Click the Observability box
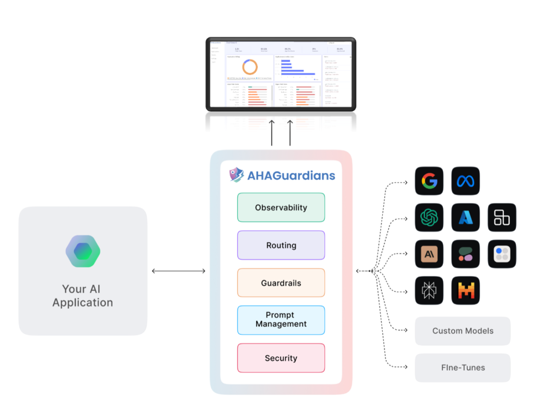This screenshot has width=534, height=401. pos(281,207)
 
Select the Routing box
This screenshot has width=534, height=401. pos(281,245)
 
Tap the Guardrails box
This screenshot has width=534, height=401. pos(281,283)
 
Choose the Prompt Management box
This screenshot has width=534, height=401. pos(281,320)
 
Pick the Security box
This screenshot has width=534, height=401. pos(281,358)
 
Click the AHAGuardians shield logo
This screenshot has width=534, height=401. pos(237,174)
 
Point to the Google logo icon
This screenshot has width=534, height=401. pos(429,181)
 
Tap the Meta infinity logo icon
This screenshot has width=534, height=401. pos(466,181)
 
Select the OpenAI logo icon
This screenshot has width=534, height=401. pos(429,217)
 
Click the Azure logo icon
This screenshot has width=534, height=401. pos(466,217)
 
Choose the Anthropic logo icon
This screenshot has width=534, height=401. pos(429,254)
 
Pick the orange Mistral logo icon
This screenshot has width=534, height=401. pos(466,291)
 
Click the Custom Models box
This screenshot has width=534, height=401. pos(463,331)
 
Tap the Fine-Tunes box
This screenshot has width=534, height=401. pos(463,368)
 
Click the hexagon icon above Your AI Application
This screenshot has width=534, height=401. pos(82,251)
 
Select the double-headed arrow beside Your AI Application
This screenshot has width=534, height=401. pos(178,271)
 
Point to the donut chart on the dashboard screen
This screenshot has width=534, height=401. pos(250,67)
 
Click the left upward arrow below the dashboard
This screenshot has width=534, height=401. pos(272,133)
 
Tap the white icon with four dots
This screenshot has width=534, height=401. pos(502,254)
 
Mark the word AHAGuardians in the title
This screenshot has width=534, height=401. pos(291,175)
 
